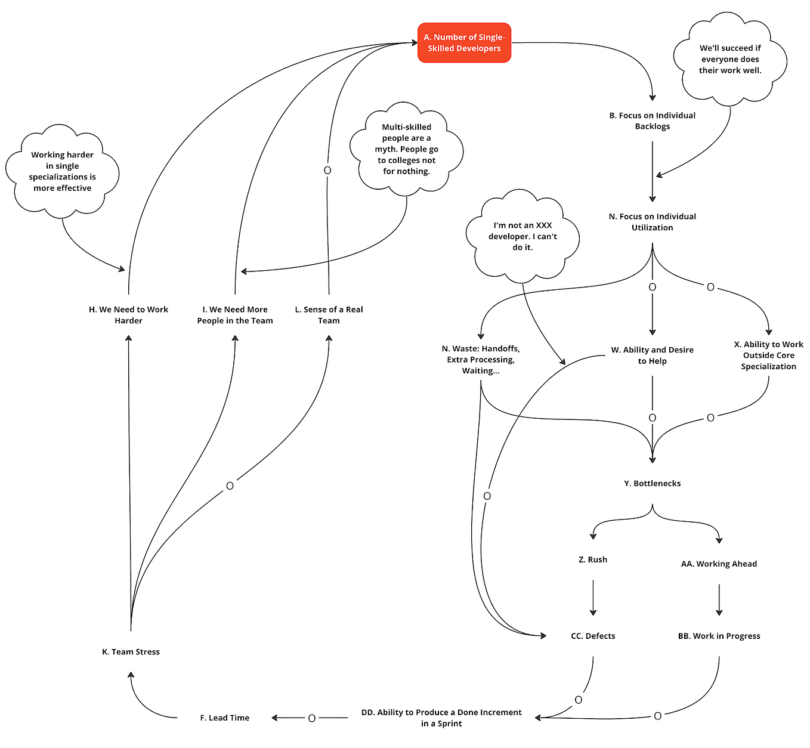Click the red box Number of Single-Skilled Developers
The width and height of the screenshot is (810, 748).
[464, 42]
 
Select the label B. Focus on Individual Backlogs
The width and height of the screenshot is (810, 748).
[652, 120]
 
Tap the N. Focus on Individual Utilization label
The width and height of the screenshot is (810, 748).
[652, 222]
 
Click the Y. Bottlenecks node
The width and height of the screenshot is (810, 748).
[652, 483]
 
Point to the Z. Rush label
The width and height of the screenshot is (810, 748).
[593, 560]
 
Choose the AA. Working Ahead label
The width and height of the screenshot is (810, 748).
[719, 564]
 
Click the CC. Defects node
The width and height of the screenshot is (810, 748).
[593, 636]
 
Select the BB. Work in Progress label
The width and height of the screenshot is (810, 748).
[719, 636]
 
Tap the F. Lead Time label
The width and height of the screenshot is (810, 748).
[224, 718]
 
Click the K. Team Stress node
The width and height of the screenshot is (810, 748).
[131, 651]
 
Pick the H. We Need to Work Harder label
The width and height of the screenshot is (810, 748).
[128, 315]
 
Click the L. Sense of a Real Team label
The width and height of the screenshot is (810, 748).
[329, 315]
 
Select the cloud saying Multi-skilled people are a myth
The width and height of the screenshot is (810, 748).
[406, 149]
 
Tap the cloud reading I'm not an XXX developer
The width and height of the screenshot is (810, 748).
[523, 236]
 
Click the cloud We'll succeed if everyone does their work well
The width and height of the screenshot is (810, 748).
[730, 59]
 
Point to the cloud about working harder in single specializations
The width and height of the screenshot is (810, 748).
[62, 171]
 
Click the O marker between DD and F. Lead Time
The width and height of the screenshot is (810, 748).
[311, 718]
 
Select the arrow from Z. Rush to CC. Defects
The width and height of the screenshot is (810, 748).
[593, 598]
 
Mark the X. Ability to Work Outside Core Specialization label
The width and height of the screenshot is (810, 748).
[768, 356]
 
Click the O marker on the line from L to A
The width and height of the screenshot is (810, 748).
[327, 171]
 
